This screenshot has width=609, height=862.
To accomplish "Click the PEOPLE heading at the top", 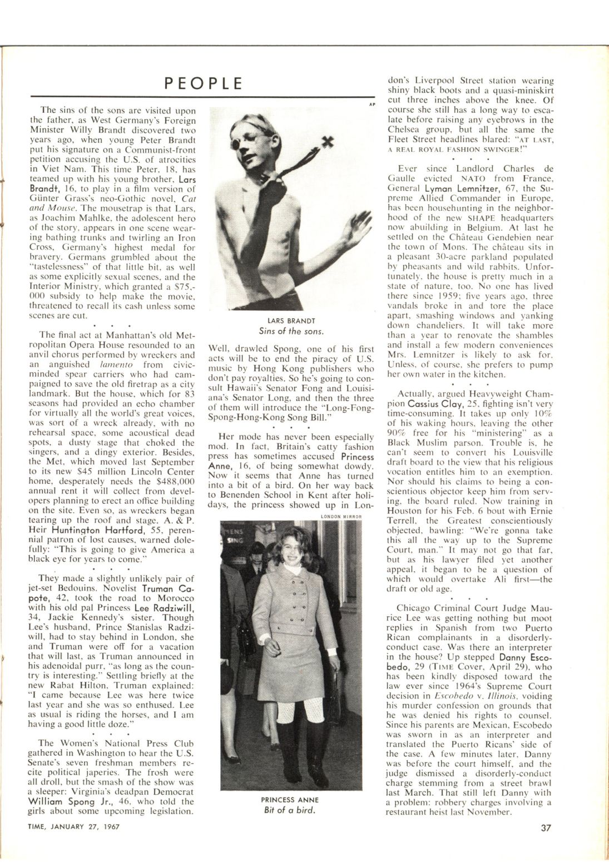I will click(x=204, y=84).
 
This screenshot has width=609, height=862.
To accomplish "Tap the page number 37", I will click(x=546, y=827).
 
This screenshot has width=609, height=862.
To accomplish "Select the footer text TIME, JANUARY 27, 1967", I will click(x=74, y=826).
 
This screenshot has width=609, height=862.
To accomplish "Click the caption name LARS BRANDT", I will click(x=291, y=321).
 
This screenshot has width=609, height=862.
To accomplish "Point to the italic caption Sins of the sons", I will click(x=291, y=331).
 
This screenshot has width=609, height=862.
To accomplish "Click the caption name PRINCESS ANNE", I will click(x=290, y=800).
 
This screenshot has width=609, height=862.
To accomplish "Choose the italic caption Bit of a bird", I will click(x=290, y=810).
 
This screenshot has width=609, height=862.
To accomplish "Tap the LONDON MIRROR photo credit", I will click(x=341, y=517).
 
